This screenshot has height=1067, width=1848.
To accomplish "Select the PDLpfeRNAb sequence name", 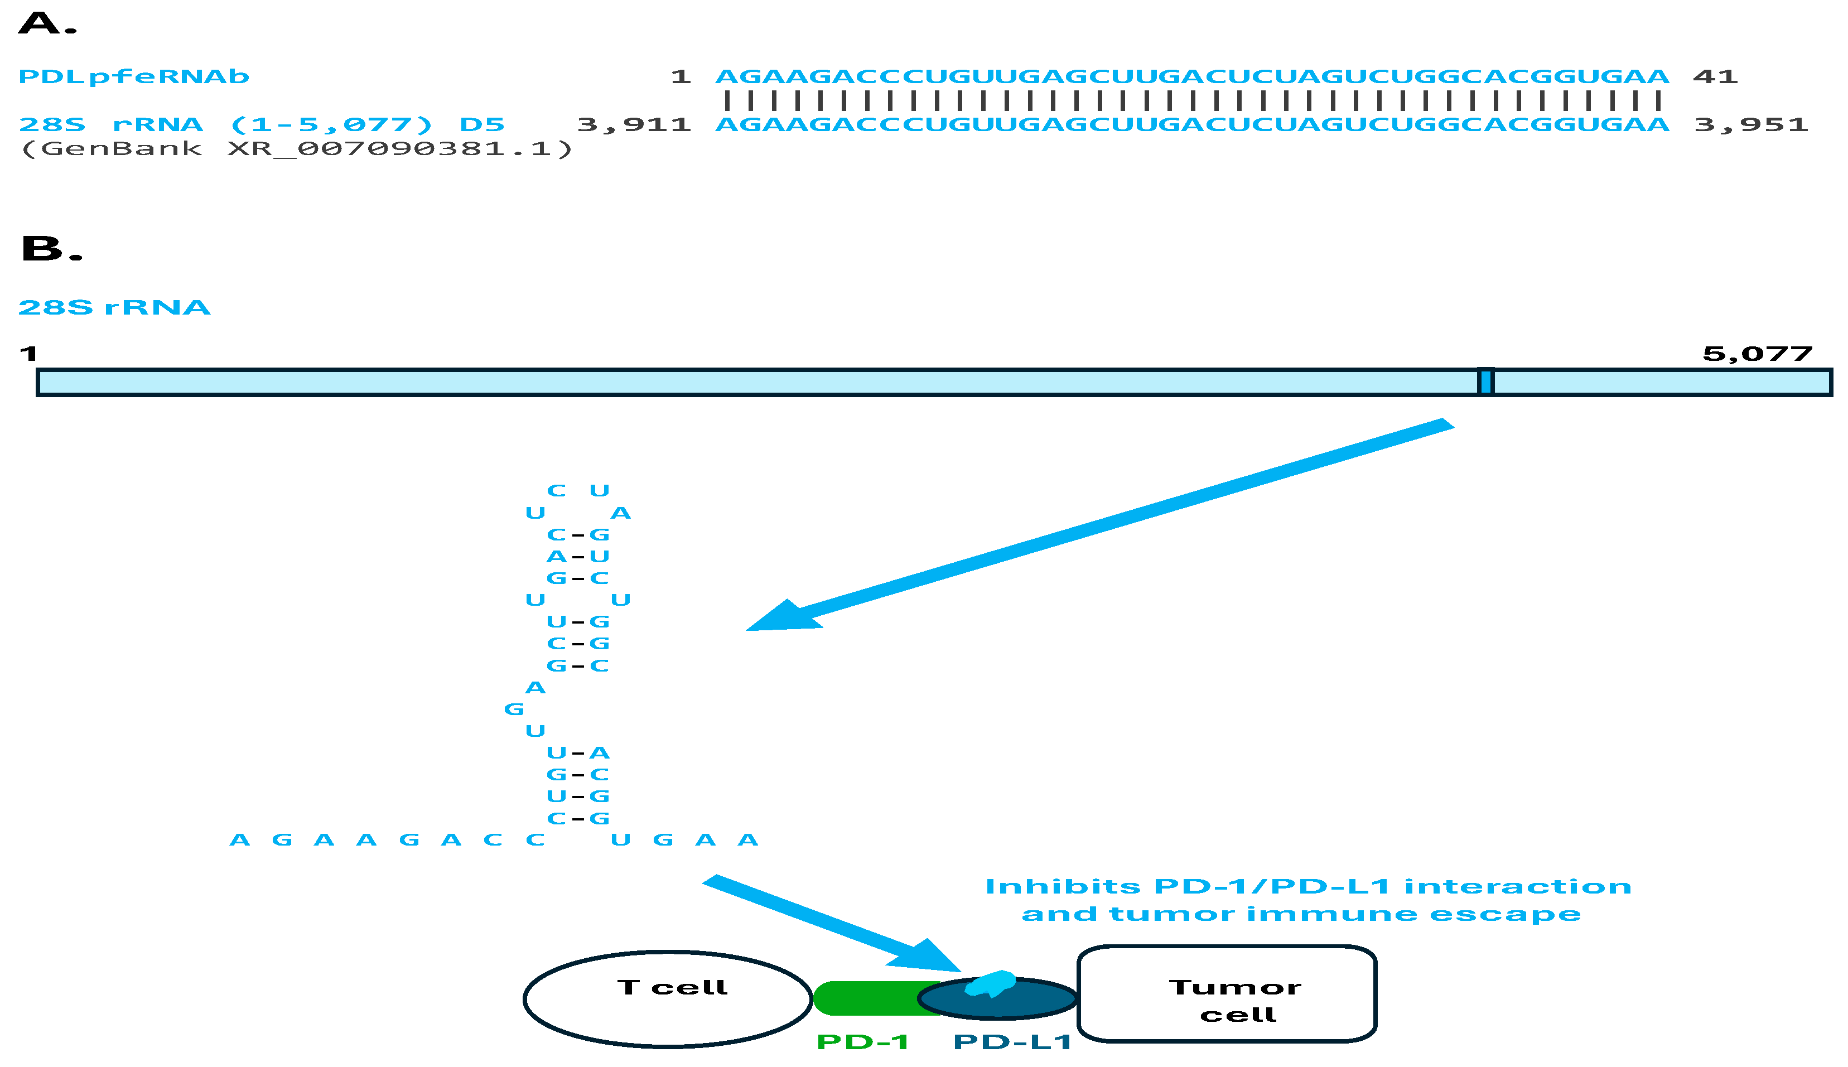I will tap(133, 76).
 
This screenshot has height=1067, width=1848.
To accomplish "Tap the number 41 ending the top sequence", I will tap(1715, 76).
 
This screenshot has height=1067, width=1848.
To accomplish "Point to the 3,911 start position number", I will tap(634, 124).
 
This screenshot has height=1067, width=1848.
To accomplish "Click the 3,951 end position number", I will tap(1750, 124).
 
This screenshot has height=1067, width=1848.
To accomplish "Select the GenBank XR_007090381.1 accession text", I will tap(297, 149).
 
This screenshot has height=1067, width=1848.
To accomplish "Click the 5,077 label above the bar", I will tap(1757, 354).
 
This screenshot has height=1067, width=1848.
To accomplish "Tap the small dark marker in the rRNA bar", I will tap(1485, 382).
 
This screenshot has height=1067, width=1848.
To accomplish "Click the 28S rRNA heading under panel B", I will tap(114, 307).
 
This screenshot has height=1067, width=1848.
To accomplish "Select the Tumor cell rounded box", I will tap(1227, 994).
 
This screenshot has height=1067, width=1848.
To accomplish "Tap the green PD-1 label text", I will tap(862, 1041).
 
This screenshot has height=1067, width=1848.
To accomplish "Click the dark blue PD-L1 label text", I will tap(1012, 1041).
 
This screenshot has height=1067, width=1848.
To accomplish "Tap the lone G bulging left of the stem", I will tap(514, 709).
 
